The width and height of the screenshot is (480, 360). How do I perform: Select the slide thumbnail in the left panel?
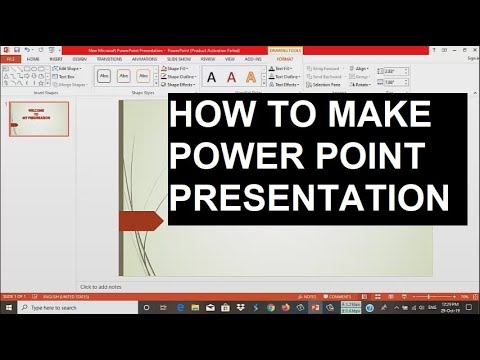point(39,118)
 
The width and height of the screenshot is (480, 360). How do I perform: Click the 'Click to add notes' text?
point(101,287)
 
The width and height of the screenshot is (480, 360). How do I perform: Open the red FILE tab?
point(10,59)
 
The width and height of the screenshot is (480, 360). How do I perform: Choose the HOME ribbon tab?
point(33,59)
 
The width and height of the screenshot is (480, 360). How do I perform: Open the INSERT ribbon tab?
point(57,59)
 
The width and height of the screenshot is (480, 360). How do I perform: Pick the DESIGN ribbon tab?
point(81,59)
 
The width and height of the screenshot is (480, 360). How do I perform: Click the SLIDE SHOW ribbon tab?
point(180,59)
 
